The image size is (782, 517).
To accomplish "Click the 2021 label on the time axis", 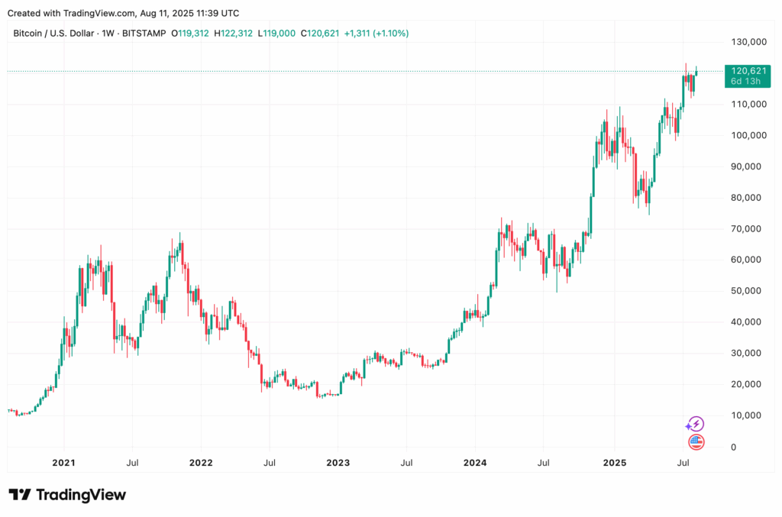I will tap(63, 463).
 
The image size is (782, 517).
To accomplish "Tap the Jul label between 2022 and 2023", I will tap(269, 463).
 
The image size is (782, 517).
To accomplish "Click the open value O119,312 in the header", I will tap(191, 34).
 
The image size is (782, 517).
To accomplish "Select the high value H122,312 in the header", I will tap(234, 34).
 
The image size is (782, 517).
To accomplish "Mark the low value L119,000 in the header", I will tap(277, 34).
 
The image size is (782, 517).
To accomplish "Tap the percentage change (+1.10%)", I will tap(389, 34).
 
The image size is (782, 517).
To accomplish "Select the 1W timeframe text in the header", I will tap(106, 34).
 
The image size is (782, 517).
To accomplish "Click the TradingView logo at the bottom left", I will tap(67, 495).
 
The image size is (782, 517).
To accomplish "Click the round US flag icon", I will tap(695, 441).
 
